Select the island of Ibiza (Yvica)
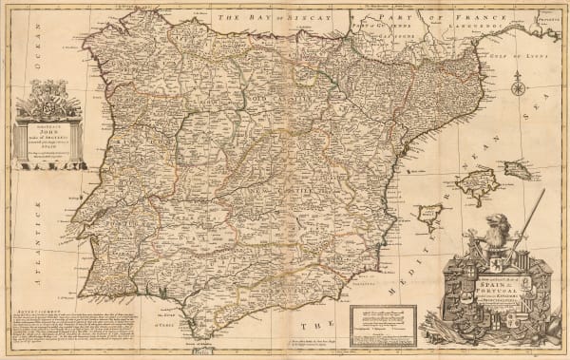pyautogui.click(x=433, y=215)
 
